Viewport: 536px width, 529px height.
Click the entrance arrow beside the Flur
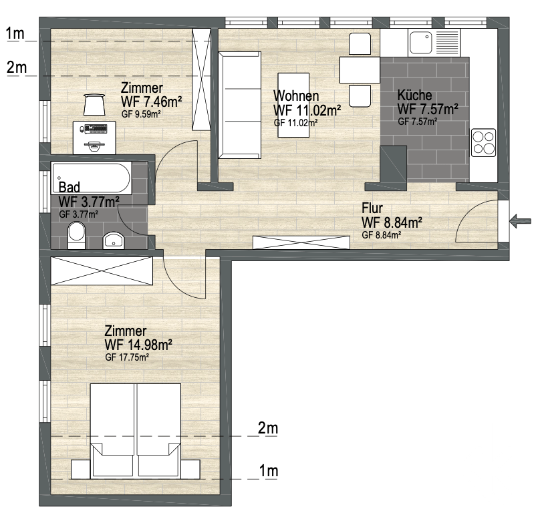click(520, 221)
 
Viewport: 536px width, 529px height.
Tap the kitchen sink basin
click(421, 43)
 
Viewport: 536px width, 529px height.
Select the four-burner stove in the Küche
click(483, 142)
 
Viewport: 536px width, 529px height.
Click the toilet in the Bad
click(77, 235)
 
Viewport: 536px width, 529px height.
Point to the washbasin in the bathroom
click(114, 240)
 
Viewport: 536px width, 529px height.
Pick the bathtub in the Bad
click(92, 178)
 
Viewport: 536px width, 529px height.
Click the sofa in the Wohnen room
click(240, 105)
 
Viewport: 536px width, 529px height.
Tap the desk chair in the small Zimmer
click(94, 105)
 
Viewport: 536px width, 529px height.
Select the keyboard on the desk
click(97, 128)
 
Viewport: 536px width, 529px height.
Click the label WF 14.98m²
click(138, 345)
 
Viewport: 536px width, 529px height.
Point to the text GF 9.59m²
click(141, 114)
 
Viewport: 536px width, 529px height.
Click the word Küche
click(414, 95)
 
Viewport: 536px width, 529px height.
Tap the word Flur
click(372, 208)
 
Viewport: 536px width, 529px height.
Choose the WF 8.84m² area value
click(392, 223)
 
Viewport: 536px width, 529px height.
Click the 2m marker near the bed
click(268, 428)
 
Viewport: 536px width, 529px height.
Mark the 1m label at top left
click(15, 34)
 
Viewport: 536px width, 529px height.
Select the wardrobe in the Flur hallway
click(301, 242)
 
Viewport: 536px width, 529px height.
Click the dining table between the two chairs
click(360, 70)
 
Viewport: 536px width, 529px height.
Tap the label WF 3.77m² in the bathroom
click(89, 202)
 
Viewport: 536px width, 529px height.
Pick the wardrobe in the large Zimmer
click(102, 271)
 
